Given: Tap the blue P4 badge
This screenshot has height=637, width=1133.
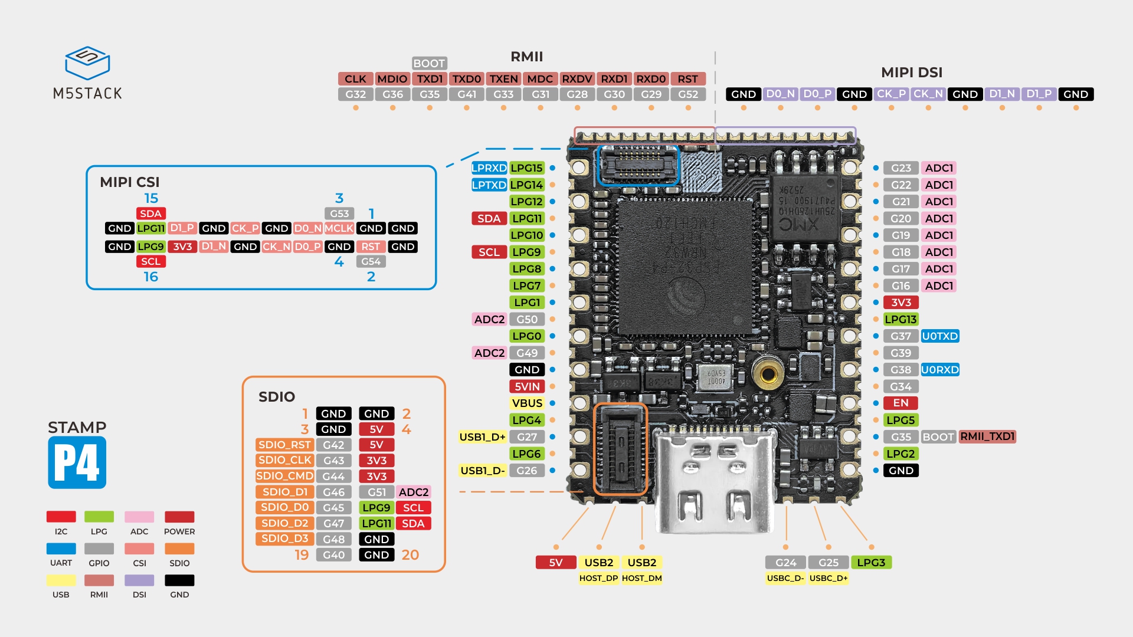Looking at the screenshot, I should (x=77, y=462).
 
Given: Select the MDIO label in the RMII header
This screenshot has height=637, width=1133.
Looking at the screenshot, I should (x=392, y=79).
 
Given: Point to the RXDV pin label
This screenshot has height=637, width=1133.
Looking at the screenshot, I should (x=577, y=79).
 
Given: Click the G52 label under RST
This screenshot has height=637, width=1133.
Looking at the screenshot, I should (x=688, y=94).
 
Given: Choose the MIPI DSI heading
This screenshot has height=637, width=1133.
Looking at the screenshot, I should (x=911, y=73).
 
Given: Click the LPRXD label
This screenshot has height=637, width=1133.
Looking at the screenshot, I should (x=489, y=168).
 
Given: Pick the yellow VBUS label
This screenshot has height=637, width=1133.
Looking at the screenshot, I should (x=527, y=403).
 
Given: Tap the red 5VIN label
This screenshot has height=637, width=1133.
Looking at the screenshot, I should (x=527, y=387).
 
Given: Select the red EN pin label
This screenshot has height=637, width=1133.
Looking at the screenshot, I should (x=900, y=403).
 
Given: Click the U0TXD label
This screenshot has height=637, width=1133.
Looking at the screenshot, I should (x=940, y=336).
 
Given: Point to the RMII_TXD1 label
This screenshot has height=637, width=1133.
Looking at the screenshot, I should (x=987, y=437).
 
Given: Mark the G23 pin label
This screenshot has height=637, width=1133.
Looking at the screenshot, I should (x=900, y=168).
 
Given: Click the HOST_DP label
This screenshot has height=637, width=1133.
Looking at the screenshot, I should (x=598, y=579).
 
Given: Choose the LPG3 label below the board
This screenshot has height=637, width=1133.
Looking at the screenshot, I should (x=871, y=563).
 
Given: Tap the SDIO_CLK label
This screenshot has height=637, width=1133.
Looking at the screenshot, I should (x=284, y=461).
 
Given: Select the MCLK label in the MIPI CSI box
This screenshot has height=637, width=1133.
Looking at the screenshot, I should (x=339, y=229).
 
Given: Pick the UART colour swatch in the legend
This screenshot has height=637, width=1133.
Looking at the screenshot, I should (x=61, y=549).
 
